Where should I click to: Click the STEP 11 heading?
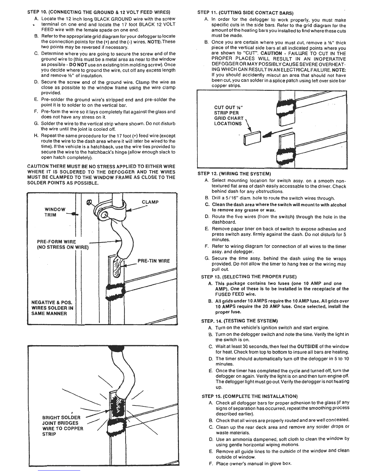[x=246, y=13]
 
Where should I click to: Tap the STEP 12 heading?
[x=234, y=174]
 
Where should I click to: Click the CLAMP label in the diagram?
[x=150, y=202]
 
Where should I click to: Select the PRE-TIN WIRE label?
[x=153, y=261]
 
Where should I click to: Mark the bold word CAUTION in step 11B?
[x=271, y=53]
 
